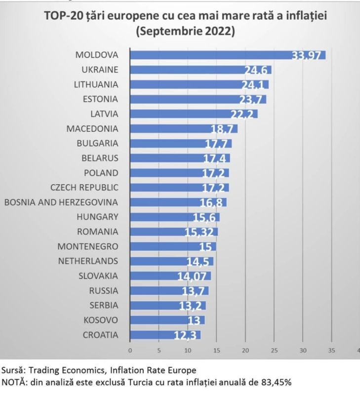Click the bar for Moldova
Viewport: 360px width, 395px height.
(227, 55)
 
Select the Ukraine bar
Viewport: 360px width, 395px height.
(200, 70)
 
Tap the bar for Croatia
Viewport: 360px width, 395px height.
(165, 335)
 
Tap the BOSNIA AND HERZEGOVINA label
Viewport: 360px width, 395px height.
(61, 202)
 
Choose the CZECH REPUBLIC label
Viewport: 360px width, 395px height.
(84, 187)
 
